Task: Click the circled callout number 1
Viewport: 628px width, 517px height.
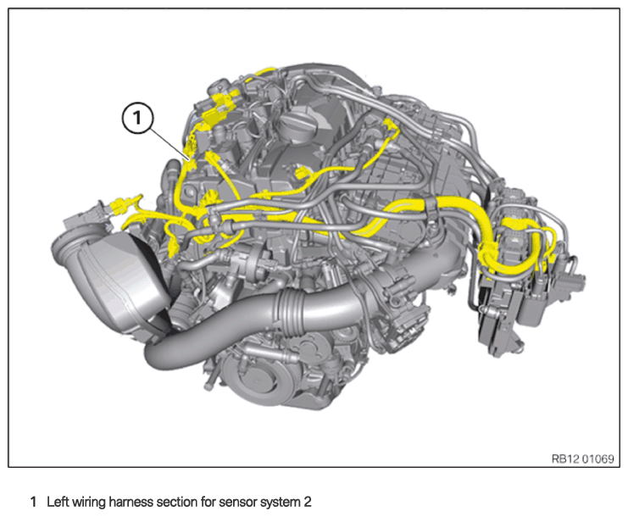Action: (137, 118)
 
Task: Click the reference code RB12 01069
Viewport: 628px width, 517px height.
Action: (583, 459)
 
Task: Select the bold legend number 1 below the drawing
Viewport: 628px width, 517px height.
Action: (34, 502)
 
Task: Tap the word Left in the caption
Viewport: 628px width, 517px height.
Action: (58, 502)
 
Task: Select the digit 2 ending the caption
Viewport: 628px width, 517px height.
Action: (307, 502)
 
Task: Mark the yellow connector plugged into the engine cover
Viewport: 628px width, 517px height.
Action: (302, 175)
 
